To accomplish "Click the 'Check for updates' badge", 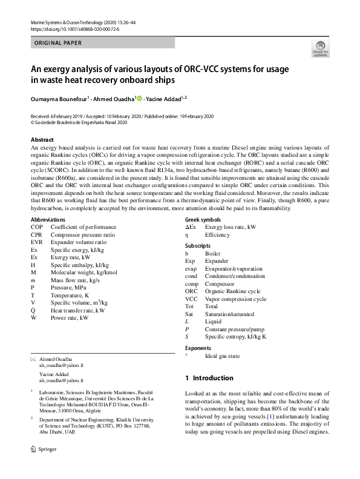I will coord(319,48).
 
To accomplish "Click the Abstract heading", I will coord(42,139).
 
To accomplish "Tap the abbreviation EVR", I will coord(37,242).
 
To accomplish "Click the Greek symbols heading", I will coord(203,219).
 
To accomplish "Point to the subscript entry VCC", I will coord(191,299).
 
